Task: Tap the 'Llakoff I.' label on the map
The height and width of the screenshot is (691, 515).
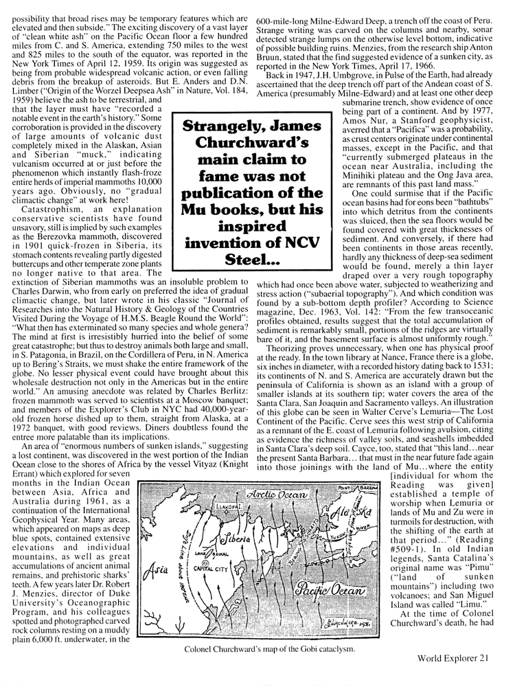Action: point(190,523)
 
